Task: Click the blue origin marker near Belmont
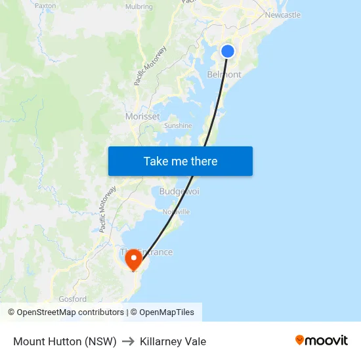tap(228, 51)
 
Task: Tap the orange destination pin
tap(133, 258)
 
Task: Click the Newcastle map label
tap(283, 14)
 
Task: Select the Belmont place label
tap(224, 75)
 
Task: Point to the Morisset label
tap(142, 116)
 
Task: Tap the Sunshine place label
tap(178, 125)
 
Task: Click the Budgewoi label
tap(179, 191)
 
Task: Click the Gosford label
tap(72, 299)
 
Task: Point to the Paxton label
tap(45, 5)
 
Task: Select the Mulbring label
tap(138, 7)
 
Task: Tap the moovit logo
tap(322, 341)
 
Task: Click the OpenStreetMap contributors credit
tap(66, 312)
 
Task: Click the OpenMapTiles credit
tap(162, 312)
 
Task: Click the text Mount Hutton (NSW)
tap(65, 341)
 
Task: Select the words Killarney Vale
tap(173, 341)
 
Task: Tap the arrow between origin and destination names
tap(128, 341)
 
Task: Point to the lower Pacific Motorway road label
tap(108, 209)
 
